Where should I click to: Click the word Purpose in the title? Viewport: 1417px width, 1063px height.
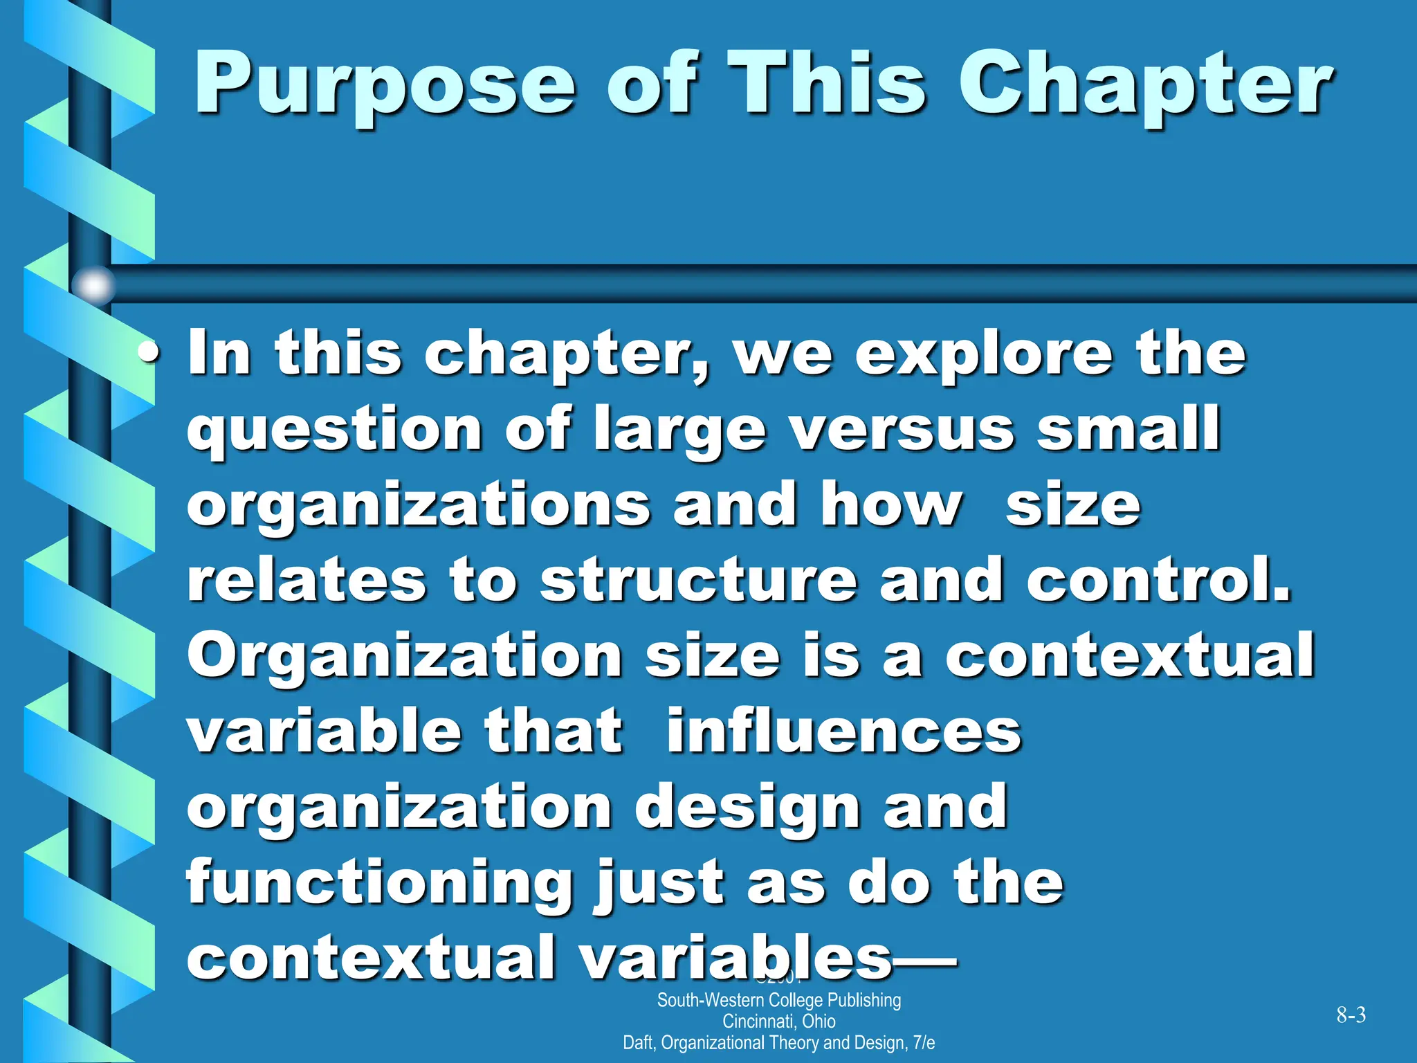pos(384,87)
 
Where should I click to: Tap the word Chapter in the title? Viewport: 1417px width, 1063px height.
pos(1145,87)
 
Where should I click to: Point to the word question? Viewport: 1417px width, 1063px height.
pos(334,430)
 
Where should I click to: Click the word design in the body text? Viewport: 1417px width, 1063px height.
pos(747,808)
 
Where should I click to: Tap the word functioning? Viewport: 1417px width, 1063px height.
pos(379,884)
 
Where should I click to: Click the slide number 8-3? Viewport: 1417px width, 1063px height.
pos(1351,1015)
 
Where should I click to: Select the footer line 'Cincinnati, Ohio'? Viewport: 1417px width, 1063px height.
pos(778,1021)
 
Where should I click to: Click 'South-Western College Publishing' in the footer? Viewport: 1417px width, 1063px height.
pos(778,1001)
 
